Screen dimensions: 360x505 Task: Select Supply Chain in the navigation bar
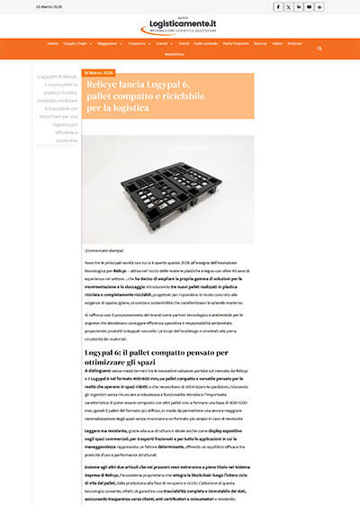76,43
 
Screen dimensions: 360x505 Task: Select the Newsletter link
175,54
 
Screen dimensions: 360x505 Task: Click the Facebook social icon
277,6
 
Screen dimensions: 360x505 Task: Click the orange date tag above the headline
98,73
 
